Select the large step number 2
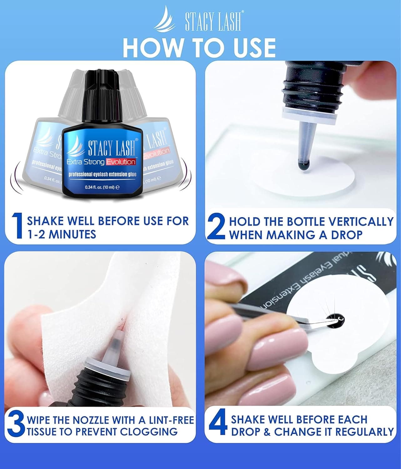[x=216, y=227]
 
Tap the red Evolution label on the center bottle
[x=121, y=162]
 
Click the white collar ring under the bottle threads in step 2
[x=310, y=113]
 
